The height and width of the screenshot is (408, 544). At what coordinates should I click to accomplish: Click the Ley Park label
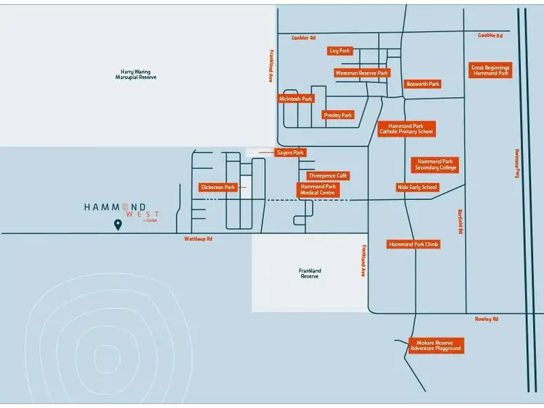pyautogui.click(x=339, y=51)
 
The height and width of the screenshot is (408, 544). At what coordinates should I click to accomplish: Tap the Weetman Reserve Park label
pyautogui.click(x=362, y=72)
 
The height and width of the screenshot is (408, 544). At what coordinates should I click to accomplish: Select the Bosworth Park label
pyautogui.click(x=423, y=84)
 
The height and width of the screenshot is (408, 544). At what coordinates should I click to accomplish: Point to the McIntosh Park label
pyautogui.click(x=296, y=99)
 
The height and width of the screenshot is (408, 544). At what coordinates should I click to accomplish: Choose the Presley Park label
pyautogui.click(x=337, y=115)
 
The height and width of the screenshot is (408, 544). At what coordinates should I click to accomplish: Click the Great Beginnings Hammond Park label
pyautogui.click(x=491, y=70)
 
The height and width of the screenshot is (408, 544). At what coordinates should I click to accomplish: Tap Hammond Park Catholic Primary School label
pyautogui.click(x=406, y=129)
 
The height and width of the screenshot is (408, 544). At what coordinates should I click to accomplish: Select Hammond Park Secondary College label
pyautogui.click(x=436, y=165)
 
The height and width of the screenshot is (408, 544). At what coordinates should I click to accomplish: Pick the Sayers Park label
pyautogui.click(x=291, y=153)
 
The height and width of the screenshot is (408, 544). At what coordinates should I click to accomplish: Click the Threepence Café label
pyautogui.click(x=328, y=175)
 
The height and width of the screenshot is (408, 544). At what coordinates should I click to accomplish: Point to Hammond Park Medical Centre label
pyautogui.click(x=318, y=190)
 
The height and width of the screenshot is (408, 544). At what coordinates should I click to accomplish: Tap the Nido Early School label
pyautogui.click(x=417, y=187)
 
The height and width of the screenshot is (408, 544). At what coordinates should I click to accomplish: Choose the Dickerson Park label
pyautogui.click(x=218, y=187)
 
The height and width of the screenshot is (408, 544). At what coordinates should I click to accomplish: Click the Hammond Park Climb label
pyautogui.click(x=413, y=244)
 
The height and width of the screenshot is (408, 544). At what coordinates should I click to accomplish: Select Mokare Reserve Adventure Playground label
pyautogui.click(x=435, y=346)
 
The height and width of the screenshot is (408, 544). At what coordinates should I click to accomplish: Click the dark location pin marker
pyautogui.click(x=118, y=225)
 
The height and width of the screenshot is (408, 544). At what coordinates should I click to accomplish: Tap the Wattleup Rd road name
pyautogui.click(x=198, y=238)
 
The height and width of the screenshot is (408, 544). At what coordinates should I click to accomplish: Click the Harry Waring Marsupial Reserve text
pyautogui.click(x=136, y=75)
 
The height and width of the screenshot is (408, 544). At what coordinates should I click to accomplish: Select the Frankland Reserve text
pyautogui.click(x=310, y=273)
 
